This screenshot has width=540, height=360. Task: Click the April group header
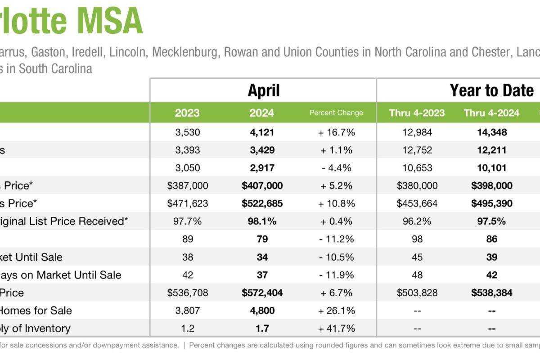(x=263, y=90)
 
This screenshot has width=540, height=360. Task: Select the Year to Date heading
(x=491, y=90)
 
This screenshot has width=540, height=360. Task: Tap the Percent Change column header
(x=336, y=113)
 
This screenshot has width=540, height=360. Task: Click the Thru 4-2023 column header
(x=417, y=113)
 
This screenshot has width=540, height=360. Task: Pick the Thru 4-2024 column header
(x=491, y=113)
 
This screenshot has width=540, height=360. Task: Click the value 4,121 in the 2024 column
(x=262, y=132)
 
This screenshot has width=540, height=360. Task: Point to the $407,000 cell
(x=262, y=185)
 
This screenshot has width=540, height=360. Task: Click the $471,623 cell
(x=188, y=203)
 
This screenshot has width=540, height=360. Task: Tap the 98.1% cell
(x=262, y=221)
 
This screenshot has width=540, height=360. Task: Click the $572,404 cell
(x=262, y=293)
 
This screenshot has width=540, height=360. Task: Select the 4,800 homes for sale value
(x=262, y=310)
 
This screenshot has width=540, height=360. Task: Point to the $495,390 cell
(x=491, y=203)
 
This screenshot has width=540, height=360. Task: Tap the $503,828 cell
(x=417, y=293)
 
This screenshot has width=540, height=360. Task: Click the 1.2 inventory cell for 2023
(x=188, y=328)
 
